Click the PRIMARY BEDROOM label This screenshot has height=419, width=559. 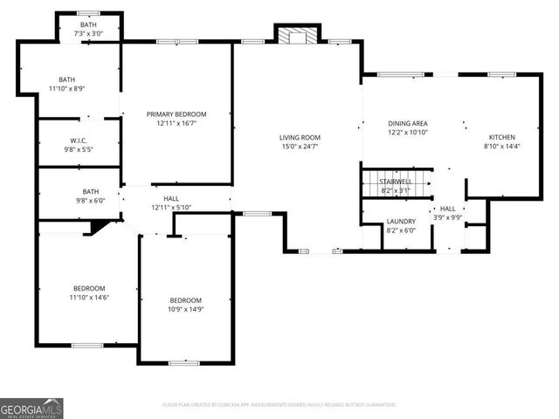point(176,114)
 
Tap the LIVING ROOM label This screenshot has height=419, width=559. point(300,137)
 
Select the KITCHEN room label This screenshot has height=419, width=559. point(501,137)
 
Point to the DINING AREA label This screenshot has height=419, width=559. point(407,123)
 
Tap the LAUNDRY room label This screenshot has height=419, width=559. point(401,221)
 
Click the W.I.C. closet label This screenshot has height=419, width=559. point(79,140)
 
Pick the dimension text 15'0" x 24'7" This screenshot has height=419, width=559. point(300,147)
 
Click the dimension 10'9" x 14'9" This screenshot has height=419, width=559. point(185,309)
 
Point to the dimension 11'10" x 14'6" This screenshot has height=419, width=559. point(89,298)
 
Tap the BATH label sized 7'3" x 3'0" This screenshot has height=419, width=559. point(88,24)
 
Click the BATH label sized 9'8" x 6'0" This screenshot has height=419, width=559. point(91,191)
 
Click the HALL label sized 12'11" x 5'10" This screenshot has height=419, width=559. point(172,198)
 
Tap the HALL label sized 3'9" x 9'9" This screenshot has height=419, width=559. point(447,209)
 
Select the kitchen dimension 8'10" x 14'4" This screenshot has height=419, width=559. point(501,147)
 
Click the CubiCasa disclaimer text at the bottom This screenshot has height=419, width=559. point(279,405)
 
